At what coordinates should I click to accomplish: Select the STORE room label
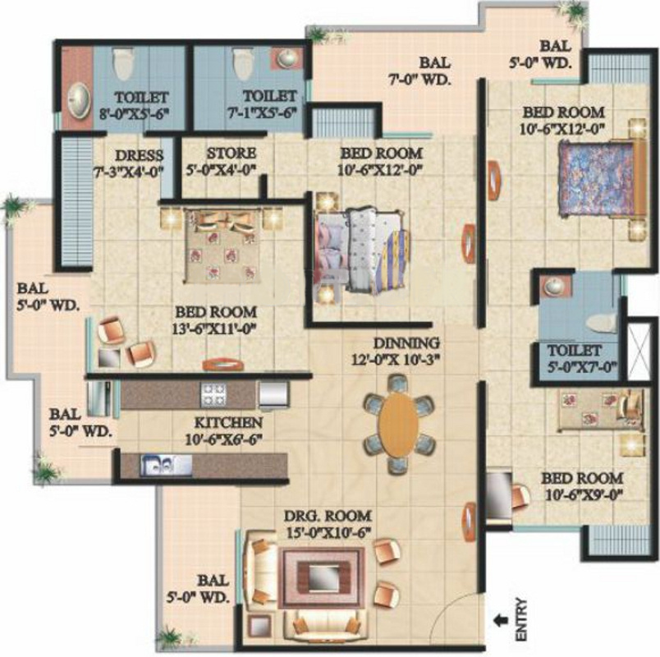click(x=231, y=154)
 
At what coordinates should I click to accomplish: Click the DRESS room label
click(x=138, y=155)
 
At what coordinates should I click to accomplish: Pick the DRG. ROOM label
click(x=328, y=516)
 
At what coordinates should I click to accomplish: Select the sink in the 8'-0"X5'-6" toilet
click(x=78, y=101)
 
